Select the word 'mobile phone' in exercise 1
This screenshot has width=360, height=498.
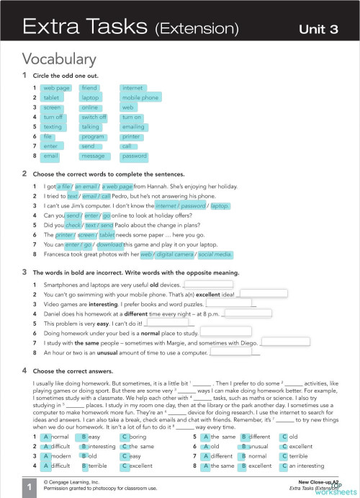(x=140, y=97)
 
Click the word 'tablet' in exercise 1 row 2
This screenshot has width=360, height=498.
(x=52, y=97)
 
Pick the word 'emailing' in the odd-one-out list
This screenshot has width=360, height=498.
(x=135, y=126)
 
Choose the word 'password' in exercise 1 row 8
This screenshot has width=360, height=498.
(x=135, y=156)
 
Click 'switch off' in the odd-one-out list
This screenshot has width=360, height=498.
(x=94, y=117)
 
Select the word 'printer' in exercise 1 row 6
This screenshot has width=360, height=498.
(x=131, y=136)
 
